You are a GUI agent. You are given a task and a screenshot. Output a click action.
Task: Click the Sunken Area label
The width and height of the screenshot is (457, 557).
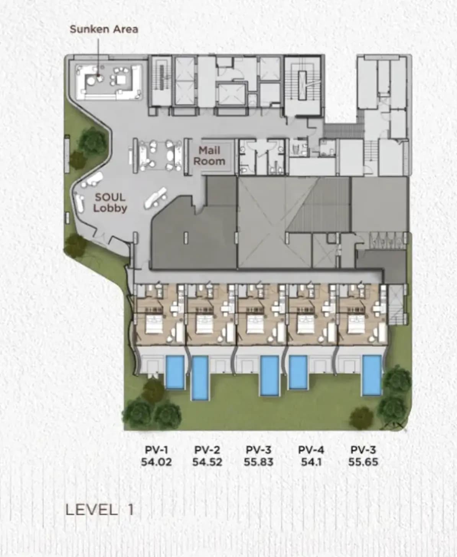104,29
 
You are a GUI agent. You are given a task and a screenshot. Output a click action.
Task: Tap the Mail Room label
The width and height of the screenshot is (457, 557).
209,156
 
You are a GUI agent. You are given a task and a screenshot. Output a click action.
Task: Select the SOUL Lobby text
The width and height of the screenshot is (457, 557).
110,202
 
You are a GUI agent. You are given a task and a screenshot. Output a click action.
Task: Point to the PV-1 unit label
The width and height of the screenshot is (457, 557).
157,450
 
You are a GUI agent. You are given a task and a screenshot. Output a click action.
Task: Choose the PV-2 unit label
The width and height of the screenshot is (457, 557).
207,450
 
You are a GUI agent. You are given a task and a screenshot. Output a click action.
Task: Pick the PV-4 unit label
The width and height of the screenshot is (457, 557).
311,450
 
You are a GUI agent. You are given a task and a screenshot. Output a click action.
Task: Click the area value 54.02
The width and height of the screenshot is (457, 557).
157,462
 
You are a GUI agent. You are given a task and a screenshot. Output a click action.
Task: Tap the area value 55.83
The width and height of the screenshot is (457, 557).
259,462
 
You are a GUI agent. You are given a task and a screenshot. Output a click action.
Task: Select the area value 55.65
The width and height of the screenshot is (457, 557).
363,462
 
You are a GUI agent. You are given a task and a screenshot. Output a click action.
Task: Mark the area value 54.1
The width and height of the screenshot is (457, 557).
311,462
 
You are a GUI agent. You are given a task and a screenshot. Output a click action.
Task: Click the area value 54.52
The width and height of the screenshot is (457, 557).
207,462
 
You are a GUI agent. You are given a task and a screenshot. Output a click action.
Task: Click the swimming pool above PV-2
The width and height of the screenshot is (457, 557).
200,378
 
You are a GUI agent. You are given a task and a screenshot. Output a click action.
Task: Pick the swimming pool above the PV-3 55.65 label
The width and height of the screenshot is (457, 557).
372,376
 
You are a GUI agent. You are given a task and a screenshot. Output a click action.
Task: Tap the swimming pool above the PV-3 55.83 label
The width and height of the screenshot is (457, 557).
270,376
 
